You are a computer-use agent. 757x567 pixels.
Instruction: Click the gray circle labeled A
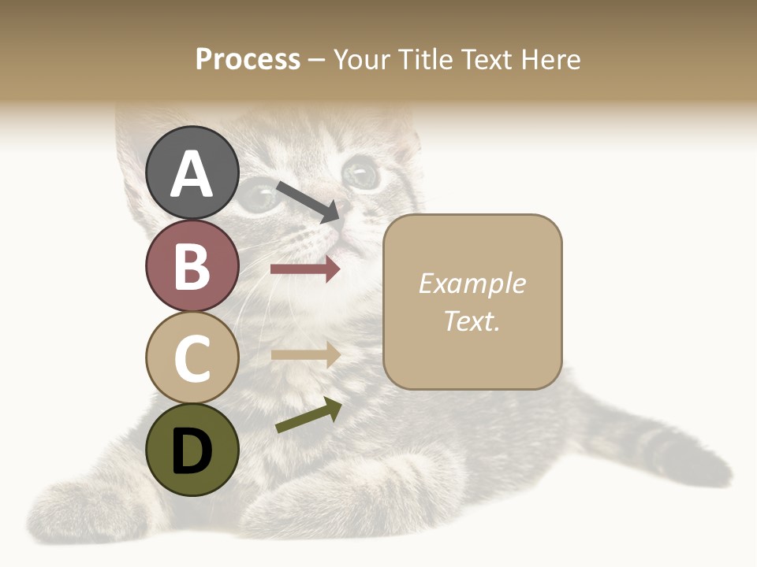click(x=192, y=172)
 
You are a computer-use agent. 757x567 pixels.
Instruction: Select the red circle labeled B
click(x=192, y=265)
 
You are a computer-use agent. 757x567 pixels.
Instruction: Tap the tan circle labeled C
click(x=192, y=358)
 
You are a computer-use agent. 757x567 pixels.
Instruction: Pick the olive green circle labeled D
click(x=192, y=450)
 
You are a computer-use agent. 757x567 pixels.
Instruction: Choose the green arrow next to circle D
click(x=308, y=417)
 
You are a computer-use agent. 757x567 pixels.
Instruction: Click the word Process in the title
click(x=248, y=59)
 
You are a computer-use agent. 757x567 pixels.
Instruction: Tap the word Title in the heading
click(x=426, y=59)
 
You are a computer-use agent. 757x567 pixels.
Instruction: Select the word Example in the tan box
click(x=472, y=283)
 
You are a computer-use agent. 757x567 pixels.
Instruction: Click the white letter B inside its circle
click(x=192, y=265)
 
